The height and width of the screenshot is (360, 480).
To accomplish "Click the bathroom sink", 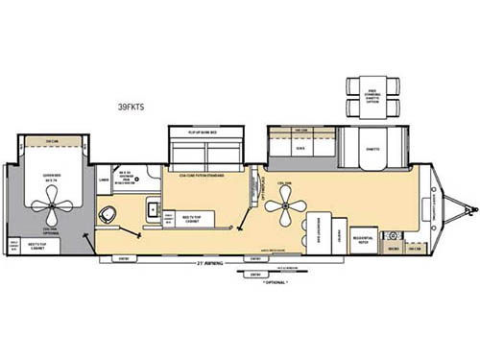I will pyautogui.click(x=152, y=208).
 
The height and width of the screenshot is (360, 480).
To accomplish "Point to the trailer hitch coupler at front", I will pyautogui.click(x=468, y=205).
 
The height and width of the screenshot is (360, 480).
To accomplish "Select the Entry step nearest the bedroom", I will pyautogui.click(x=124, y=257).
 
